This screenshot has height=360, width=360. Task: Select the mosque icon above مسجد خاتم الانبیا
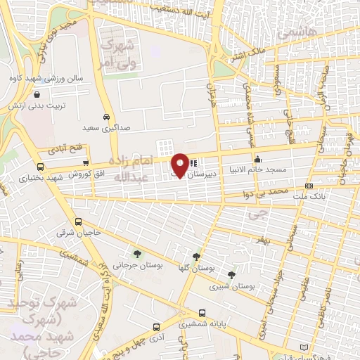click(257, 158)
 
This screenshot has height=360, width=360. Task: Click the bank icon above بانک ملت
click(309, 186)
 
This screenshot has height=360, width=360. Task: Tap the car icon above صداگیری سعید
click(105, 117)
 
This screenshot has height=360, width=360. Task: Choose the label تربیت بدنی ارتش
click(37, 104)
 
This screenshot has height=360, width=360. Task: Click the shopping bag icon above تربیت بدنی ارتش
click(36, 94)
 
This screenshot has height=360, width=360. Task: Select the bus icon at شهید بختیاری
click(41, 167)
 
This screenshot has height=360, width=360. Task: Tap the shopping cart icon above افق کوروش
click(86, 162)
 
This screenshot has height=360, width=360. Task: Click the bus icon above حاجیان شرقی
click(78, 221)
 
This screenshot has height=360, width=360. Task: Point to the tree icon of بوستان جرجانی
click(136, 253)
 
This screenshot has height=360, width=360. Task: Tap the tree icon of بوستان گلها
click(195, 257)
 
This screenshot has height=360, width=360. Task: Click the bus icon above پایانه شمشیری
click(202, 313)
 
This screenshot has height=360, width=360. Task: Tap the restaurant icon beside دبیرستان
click(194, 162)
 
